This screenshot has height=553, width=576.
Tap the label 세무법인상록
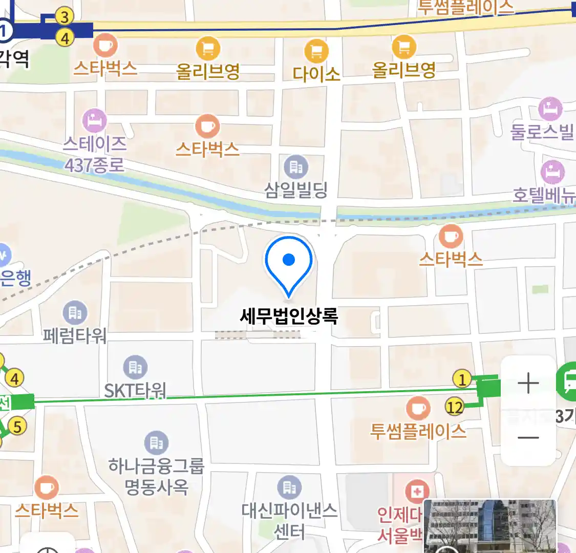pos(289,316)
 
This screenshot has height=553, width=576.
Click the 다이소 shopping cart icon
pos(316,51)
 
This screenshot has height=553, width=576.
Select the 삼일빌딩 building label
pos(296,190)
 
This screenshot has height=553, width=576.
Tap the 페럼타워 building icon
pos(75,312)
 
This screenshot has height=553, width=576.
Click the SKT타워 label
pos(135,391)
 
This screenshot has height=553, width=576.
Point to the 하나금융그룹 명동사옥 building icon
pos(156,443)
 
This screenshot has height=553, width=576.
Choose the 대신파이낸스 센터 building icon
pos(289,487)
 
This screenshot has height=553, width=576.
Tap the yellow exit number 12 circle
pos(454,407)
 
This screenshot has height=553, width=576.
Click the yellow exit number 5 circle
pos(17,426)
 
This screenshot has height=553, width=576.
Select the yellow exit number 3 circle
pos(65,17)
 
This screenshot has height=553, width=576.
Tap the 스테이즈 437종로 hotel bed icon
pos(95,121)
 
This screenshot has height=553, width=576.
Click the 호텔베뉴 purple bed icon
pos(552,173)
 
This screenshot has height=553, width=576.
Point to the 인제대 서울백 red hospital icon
pos(417,492)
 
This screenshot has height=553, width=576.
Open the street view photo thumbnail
pos(490,526)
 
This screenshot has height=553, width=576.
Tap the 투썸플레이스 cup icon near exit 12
pos(418,408)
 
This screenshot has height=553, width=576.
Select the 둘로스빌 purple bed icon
pos(550,109)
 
